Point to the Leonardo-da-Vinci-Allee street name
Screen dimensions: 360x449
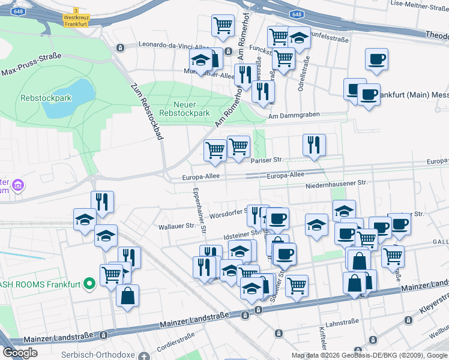pos(174,45)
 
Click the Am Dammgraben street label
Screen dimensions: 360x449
pos(292,116)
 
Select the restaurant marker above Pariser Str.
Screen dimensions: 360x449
pos(314,145)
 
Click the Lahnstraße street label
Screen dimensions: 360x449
pos(344,322)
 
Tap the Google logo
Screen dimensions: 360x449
pos(19,353)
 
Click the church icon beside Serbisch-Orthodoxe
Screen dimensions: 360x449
pos(143,356)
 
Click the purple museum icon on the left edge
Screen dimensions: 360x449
pos(18,185)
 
